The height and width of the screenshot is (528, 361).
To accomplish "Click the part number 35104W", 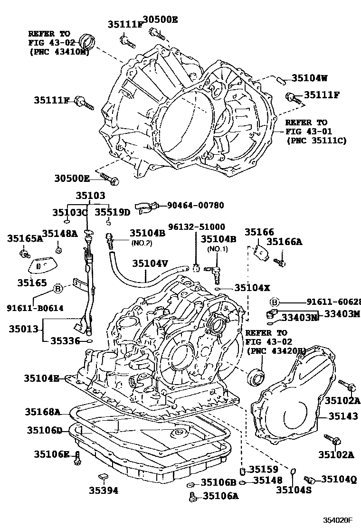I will [x=309, y=79].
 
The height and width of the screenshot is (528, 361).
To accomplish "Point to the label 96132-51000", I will [x=197, y=227].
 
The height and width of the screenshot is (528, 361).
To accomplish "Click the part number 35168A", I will [x=43, y=411].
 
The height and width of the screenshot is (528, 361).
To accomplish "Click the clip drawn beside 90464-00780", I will [x=144, y=206].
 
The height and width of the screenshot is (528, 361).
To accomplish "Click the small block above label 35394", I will [x=103, y=476].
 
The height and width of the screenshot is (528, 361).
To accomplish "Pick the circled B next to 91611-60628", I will [x=274, y=302].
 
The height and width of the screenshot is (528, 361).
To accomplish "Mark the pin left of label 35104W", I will [x=281, y=80].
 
